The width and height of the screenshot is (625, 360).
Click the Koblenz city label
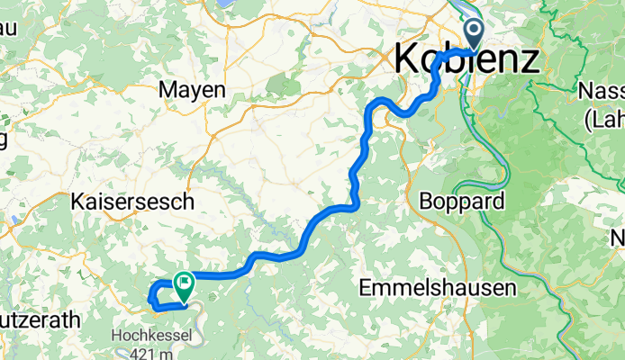(x=468, y=60)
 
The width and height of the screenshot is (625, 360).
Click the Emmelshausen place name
(x=437, y=288)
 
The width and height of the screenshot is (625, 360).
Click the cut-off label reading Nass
(x=601, y=92)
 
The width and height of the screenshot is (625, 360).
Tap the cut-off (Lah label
(x=603, y=117)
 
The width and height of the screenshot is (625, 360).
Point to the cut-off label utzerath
(x=40, y=319)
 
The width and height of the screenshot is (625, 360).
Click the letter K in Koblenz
(x=407, y=60)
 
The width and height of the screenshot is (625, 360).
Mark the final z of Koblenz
(x=531, y=60)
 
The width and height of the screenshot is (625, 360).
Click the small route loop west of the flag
(x=158, y=295)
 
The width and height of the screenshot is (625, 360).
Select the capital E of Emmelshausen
(x=365, y=288)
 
